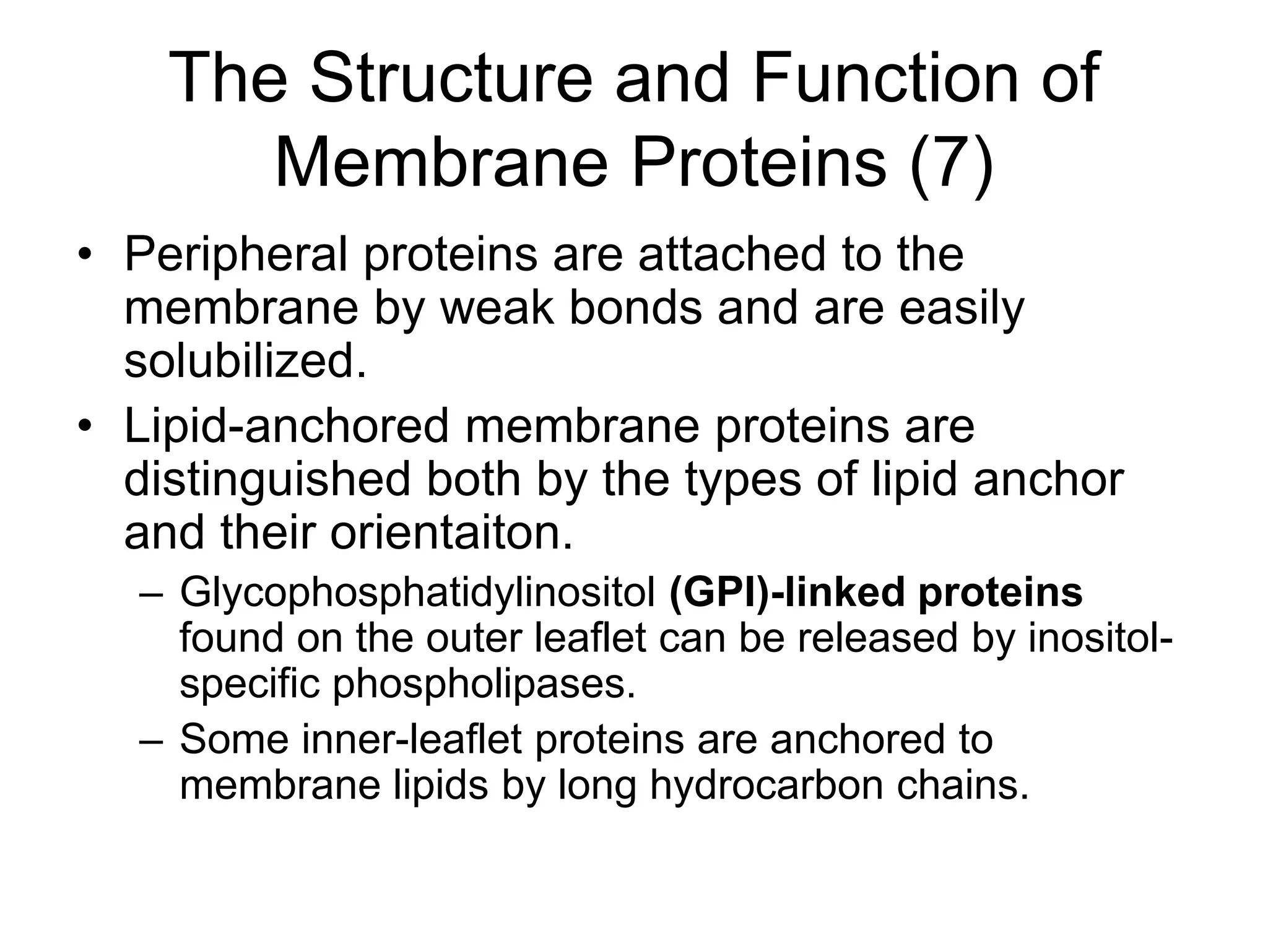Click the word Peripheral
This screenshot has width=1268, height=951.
[236, 255]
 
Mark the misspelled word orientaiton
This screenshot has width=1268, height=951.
[451, 533]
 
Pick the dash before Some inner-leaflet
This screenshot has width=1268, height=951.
[150, 740]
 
